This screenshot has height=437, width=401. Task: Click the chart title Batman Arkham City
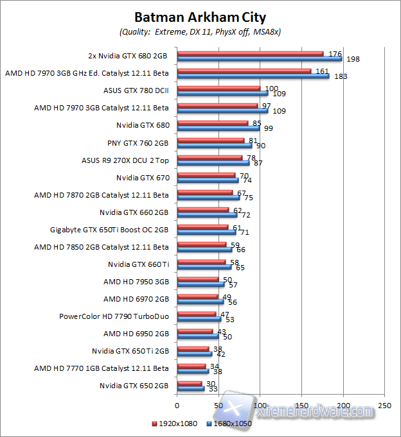coord(200,17)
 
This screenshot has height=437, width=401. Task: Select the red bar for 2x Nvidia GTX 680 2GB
coord(250,54)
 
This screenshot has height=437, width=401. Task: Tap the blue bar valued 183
coord(253,76)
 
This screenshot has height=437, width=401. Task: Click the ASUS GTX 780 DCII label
coord(136,90)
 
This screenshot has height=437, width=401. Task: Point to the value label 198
coord(353,59)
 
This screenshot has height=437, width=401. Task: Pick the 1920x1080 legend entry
coord(175,424)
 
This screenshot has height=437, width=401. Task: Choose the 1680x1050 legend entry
coord(230,424)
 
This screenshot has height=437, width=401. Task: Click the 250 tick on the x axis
coord(384,406)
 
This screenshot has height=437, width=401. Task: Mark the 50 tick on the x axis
coord(218,406)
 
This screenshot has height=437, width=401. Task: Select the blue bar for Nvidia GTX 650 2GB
coord(190,388)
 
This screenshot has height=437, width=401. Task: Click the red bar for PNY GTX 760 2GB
coord(210,141)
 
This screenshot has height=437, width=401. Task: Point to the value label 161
coord(321,71)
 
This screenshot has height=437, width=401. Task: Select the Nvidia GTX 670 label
coord(143,177)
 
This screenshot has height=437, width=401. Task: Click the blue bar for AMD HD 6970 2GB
coord(200,302)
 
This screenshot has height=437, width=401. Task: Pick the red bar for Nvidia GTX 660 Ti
coord(201,262)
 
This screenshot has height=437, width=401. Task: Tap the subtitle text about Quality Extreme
coord(200,31)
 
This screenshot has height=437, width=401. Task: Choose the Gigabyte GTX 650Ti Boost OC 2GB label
coord(109,229)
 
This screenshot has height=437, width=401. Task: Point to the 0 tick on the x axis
coord(177,406)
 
